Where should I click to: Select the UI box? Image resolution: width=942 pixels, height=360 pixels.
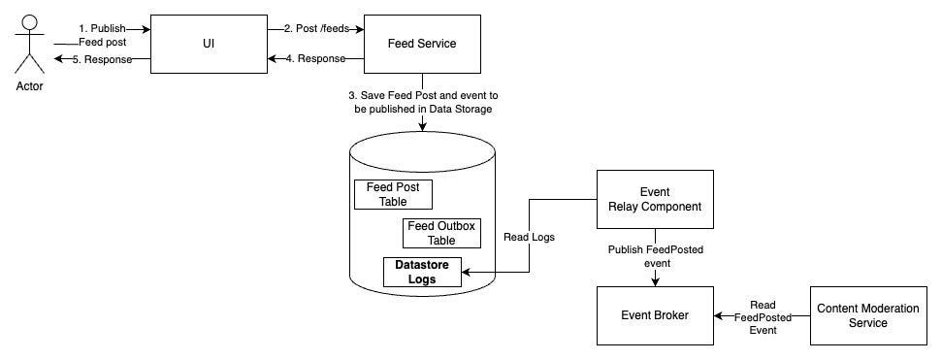tap(208, 44)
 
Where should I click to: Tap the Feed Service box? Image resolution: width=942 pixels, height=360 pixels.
tap(421, 44)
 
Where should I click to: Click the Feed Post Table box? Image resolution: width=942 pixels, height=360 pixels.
tap(393, 194)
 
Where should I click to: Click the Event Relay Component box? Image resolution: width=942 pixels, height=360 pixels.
tap(655, 199)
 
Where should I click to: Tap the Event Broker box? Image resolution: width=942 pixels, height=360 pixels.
tap(655, 315)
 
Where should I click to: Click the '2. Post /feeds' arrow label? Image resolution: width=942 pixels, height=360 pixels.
tap(316, 28)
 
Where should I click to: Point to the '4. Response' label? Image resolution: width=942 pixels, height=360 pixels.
tap(316, 58)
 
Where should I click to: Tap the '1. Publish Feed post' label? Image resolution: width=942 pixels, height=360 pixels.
tap(101, 36)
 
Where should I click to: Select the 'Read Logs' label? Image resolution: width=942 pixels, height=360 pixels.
tap(528, 236)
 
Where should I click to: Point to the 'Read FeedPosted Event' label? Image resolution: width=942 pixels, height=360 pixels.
tap(763, 315)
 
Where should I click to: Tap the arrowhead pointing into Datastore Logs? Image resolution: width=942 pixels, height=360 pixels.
tap(469, 273)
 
